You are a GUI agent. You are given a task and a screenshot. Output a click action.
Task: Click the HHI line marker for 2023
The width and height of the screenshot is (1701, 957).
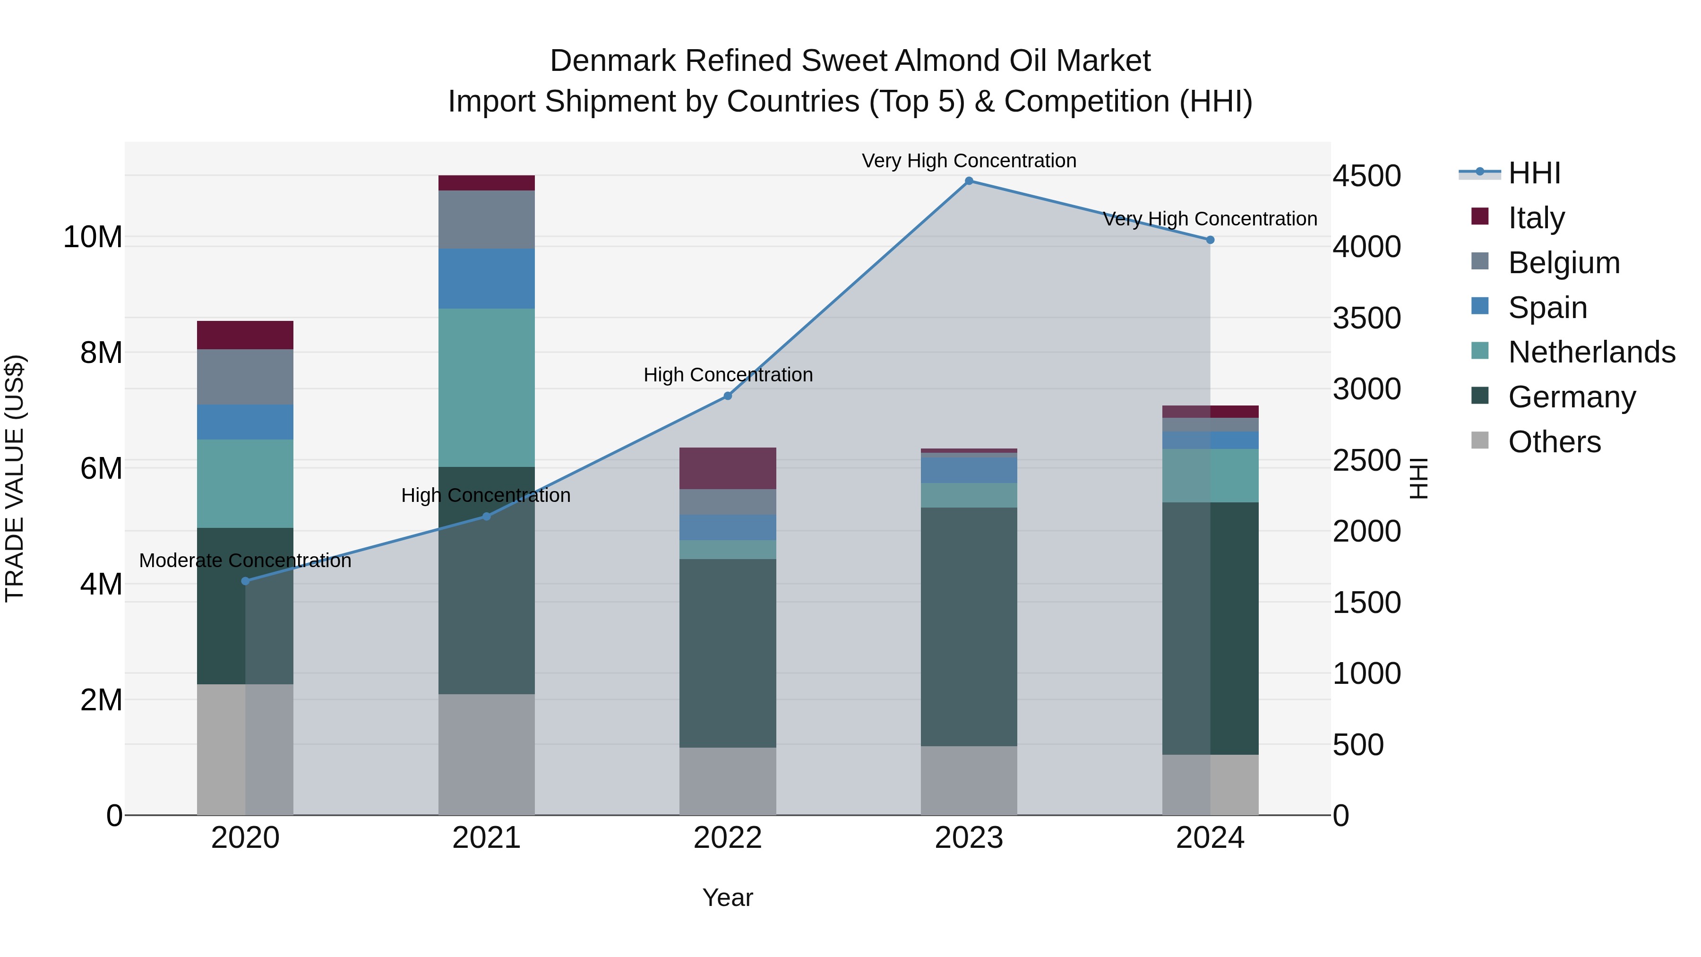coord(969,181)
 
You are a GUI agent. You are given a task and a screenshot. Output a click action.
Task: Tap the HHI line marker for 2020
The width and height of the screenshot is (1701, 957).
coord(245,581)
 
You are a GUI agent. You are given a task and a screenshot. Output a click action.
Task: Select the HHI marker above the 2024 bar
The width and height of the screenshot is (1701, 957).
coord(1210,240)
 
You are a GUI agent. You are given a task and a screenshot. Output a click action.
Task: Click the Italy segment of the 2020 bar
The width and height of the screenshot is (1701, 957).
coord(245,335)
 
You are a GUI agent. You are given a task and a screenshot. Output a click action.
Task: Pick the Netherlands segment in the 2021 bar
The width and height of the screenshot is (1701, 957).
coord(486,388)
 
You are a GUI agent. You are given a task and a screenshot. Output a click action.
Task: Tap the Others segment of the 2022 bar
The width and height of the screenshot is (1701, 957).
coord(728,781)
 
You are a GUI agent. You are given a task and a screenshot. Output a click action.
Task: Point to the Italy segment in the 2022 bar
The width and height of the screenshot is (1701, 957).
coord(728,468)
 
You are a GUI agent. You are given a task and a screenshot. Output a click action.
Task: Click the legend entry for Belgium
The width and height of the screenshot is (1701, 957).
coord(1564,263)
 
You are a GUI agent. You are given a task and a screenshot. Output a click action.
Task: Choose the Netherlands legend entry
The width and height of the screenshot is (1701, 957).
coord(1591,352)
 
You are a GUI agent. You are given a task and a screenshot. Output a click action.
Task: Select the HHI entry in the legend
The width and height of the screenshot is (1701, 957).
coord(1534,173)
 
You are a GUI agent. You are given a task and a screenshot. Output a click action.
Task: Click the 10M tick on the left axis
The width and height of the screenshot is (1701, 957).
coord(93,237)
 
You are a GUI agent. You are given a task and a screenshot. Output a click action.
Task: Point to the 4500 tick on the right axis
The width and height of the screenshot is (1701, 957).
coord(1366,176)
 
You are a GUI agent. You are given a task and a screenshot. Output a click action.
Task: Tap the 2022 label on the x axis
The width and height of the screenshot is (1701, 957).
coord(728,838)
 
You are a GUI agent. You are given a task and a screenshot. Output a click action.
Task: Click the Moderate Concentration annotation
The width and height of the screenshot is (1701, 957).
coord(245,560)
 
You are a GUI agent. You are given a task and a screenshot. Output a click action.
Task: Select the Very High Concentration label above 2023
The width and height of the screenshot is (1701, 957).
coord(969,161)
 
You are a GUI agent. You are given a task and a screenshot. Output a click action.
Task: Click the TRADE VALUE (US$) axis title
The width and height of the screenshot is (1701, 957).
coord(15,478)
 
